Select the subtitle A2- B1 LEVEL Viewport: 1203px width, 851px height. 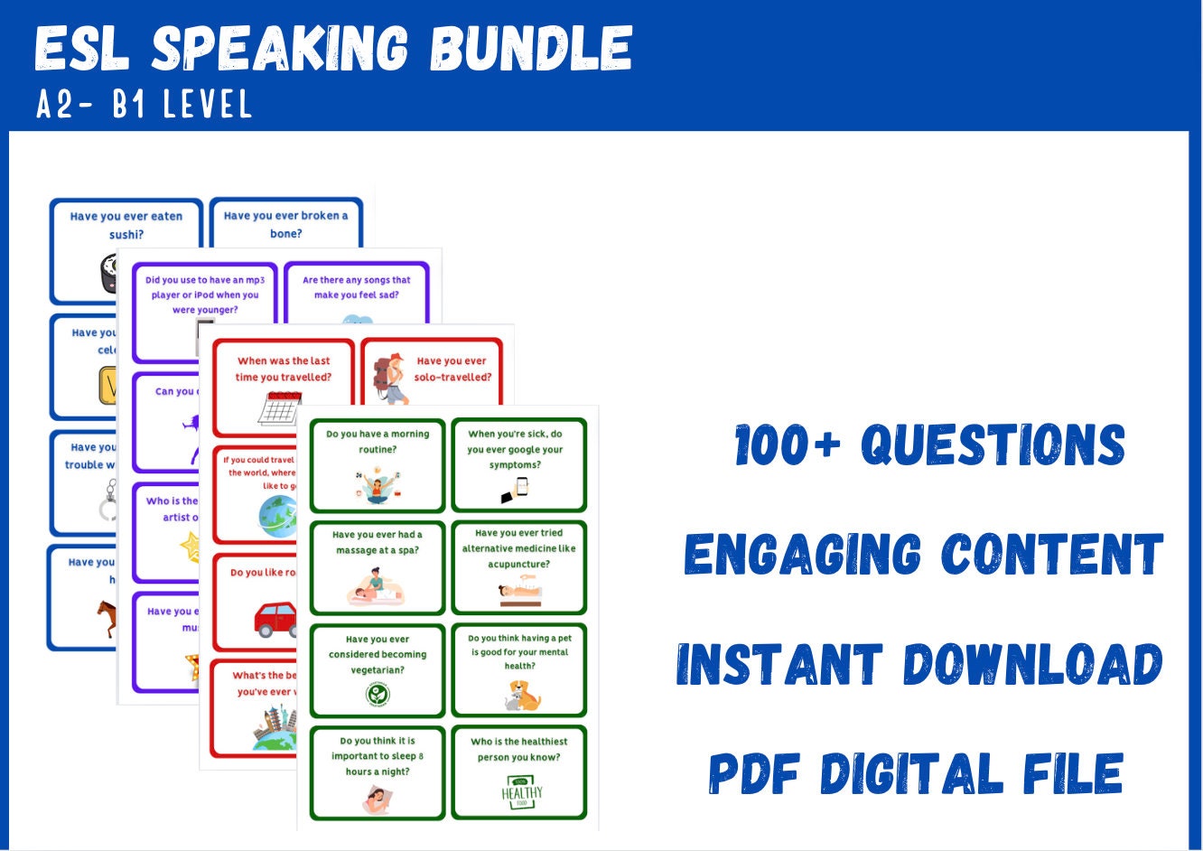pyautogui.click(x=144, y=105)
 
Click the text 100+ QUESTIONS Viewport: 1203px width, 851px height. pyautogui.click(x=930, y=445)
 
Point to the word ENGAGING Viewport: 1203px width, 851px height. pyautogui.click(x=803, y=554)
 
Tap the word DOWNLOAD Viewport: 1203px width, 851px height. pyautogui.click(x=1033, y=665)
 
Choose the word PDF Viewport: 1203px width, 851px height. pyautogui.click(x=753, y=774)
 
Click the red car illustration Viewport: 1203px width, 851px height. pyautogui.click(x=275, y=619)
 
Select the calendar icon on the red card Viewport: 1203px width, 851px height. pyautogui.click(x=279, y=408)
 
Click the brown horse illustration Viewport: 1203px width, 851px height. pyautogui.click(x=107, y=617)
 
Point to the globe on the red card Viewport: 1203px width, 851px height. pyautogui.click(x=276, y=516)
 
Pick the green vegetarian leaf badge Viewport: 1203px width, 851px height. pyautogui.click(x=378, y=694)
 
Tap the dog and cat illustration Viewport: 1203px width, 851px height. pyautogui.click(x=522, y=696)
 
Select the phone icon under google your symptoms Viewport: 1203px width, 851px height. pyautogui.click(x=515, y=490)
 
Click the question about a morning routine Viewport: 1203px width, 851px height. pyautogui.click(x=378, y=441)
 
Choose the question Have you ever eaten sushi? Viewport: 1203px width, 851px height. pyautogui.click(x=126, y=225)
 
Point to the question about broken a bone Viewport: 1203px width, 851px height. pyautogui.click(x=285, y=224)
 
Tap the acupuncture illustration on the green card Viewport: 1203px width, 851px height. pyautogui.click(x=519, y=594)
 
